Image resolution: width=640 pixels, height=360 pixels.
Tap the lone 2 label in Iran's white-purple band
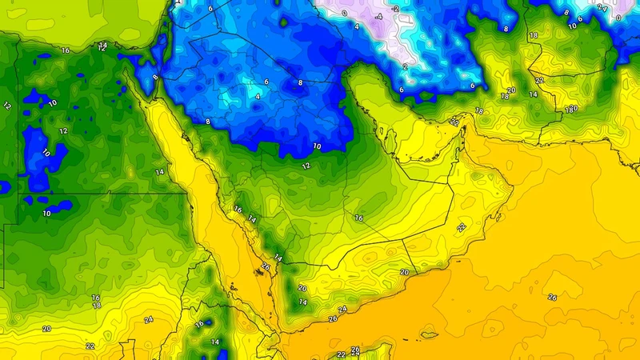406,67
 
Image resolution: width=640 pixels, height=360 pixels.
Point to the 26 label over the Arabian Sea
552,297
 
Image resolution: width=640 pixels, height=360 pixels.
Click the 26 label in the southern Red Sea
266,267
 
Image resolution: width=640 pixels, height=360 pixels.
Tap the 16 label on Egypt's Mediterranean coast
66,50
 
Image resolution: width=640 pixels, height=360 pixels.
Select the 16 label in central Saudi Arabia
358,218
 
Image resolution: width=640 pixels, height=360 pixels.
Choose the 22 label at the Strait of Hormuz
454,122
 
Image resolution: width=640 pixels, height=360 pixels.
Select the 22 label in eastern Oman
461,228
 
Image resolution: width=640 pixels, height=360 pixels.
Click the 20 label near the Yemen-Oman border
404,273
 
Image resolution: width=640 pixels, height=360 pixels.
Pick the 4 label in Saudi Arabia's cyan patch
258,96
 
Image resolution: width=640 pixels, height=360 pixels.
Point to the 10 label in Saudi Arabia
317,146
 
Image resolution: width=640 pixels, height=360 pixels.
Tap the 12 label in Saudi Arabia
306,166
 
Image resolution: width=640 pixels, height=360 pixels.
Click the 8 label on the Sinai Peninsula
155,77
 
